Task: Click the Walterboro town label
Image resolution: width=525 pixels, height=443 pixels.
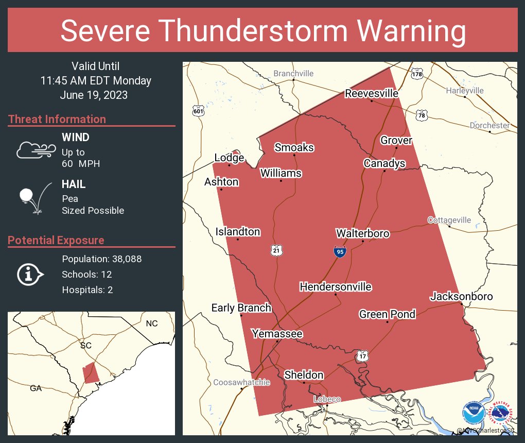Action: pyautogui.click(x=362, y=233)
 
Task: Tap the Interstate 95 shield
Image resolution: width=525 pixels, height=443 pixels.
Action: pyautogui.click(x=339, y=251)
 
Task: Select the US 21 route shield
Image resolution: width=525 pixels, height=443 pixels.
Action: pyautogui.click(x=277, y=250)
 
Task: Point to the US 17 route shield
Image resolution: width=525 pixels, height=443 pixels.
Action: pyautogui.click(x=362, y=355)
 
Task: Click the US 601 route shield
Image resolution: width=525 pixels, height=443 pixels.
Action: pyautogui.click(x=198, y=110)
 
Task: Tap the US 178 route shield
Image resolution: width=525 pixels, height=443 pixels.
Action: pyautogui.click(x=417, y=74)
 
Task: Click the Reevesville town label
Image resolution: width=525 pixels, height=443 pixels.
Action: pyautogui.click(x=372, y=93)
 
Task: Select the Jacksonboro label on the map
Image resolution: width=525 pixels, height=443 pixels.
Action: pyautogui.click(x=461, y=296)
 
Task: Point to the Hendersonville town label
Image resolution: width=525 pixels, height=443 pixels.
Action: pyautogui.click(x=336, y=286)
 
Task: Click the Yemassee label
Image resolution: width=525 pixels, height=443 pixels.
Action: pyautogui.click(x=277, y=334)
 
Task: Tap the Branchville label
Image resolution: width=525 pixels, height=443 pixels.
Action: pyautogui.click(x=293, y=74)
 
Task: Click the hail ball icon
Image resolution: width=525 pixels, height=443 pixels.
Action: pyautogui.click(x=27, y=196)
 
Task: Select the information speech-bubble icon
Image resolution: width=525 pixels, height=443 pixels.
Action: pyautogui.click(x=30, y=274)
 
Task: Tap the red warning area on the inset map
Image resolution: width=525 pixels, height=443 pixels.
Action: pyautogui.click(x=91, y=372)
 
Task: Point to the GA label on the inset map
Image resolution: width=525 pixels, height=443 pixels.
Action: pyautogui.click(x=36, y=388)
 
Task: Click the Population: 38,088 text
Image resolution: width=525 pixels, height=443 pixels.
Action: pyautogui.click(x=101, y=259)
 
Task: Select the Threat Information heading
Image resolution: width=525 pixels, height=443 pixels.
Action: pyautogui.click(x=57, y=119)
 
